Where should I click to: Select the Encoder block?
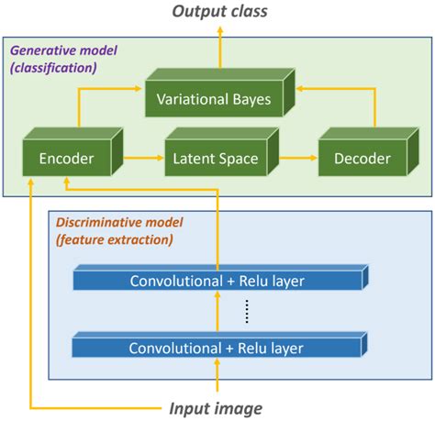pos(66,160)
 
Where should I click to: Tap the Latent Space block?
pos(215,160)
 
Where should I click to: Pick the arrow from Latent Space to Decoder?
pos(291,159)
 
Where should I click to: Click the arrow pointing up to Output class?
pos(217,50)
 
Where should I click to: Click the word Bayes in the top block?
pos(251,99)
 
